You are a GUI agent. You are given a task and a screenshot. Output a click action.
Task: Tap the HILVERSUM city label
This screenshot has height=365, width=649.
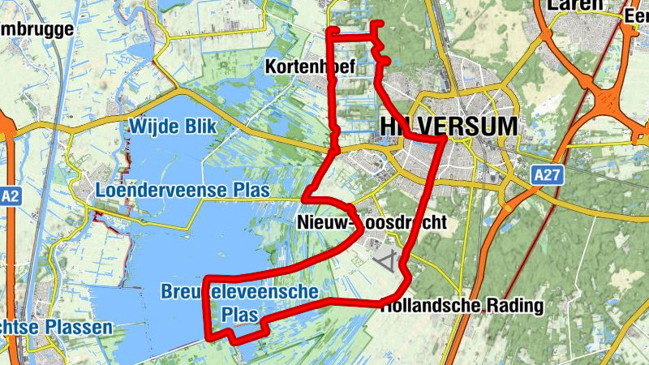(x=448, y=127)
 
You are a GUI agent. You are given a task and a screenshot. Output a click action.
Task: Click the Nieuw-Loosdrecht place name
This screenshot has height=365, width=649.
(x=372, y=222)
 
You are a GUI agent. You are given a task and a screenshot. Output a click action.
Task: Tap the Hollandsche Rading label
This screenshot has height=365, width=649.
(x=462, y=306)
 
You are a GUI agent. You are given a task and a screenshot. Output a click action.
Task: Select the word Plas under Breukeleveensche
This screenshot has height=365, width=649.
(x=240, y=314)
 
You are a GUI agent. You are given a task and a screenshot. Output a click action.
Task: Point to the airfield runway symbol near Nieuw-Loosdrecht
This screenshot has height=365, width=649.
(x=389, y=262)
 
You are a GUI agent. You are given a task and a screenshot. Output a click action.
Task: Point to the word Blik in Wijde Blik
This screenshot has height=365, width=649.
(x=204, y=127)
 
